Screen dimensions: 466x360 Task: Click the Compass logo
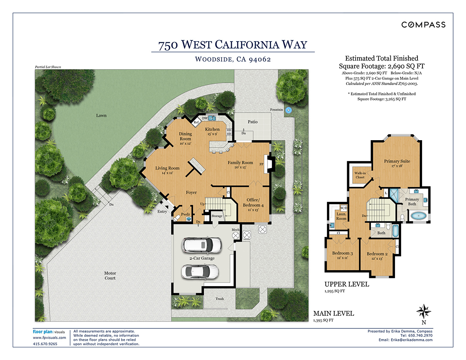click(423, 24)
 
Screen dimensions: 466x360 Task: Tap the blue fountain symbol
click(289, 110)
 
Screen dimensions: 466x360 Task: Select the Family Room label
click(240, 163)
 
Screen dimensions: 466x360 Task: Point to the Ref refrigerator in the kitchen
click(196, 122)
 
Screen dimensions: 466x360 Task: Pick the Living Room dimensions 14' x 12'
click(167, 173)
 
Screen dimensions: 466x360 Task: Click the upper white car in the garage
click(202, 245)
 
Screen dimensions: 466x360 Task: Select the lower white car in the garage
click(200, 272)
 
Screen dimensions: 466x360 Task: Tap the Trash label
click(219, 299)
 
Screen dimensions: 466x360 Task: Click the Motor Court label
click(110, 275)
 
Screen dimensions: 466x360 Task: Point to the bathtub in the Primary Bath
click(418, 216)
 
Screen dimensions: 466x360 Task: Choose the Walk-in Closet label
click(360, 175)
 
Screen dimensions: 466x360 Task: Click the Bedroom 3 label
click(343, 253)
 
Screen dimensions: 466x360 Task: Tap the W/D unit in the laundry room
click(344, 208)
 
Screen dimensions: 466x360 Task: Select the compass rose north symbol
click(424, 311)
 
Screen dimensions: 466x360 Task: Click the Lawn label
click(101, 115)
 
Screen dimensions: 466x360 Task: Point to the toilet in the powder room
click(177, 218)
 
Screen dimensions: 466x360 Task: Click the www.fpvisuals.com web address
click(49, 337)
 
